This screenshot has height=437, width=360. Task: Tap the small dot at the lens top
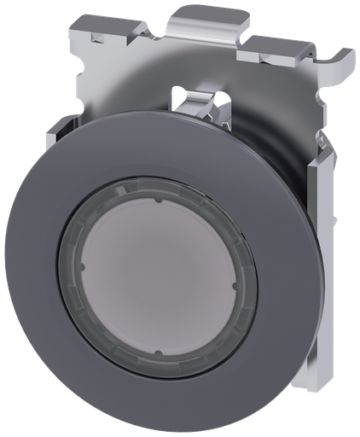159,201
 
